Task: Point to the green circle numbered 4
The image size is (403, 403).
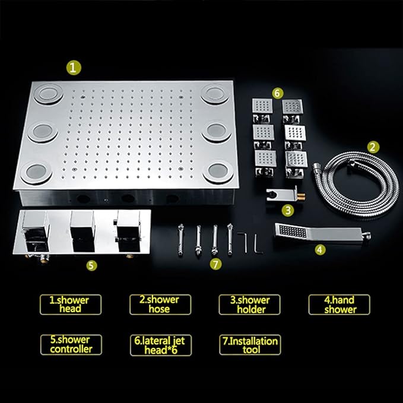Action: coord(320,250)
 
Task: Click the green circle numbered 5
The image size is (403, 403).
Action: coord(91,265)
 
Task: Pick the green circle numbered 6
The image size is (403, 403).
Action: coord(277,93)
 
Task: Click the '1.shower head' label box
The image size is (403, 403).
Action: coord(71,304)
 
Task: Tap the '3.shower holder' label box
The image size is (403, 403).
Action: coord(250,304)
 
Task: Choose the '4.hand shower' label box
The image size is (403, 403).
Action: coord(339,304)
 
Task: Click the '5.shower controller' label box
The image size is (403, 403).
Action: coord(71,345)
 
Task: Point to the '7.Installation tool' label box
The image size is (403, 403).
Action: coord(250,345)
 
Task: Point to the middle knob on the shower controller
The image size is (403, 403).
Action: coord(82,226)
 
